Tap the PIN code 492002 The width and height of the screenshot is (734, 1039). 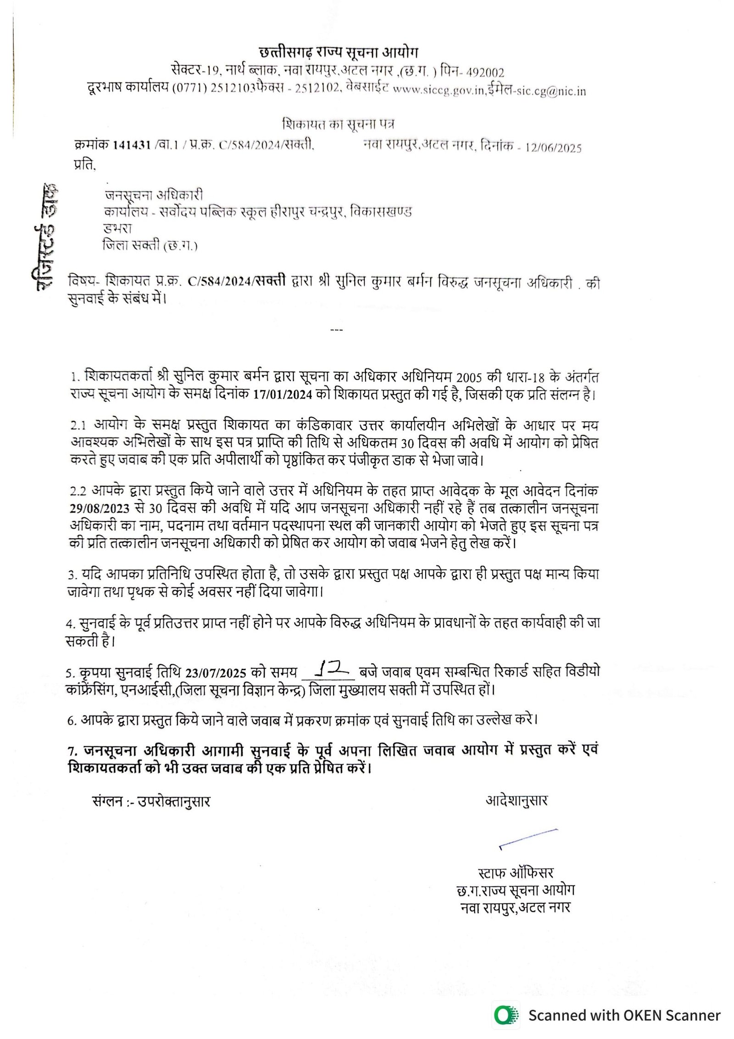pos(485,73)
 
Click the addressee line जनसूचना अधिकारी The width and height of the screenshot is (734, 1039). pos(154,195)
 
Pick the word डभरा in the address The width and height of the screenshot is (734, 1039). pos(118,228)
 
